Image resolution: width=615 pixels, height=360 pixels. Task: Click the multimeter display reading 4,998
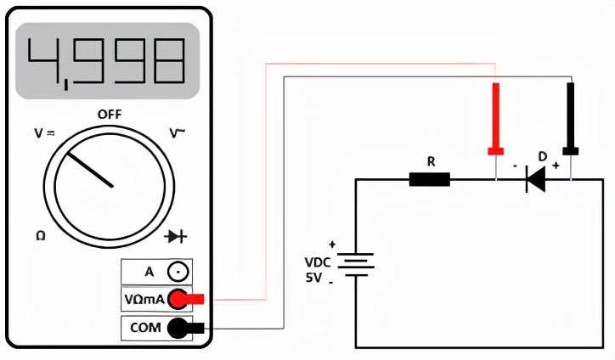[x=107, y=61]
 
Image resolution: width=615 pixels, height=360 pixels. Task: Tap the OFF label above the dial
[x=110, y=114]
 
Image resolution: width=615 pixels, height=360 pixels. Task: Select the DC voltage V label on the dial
[x=43, y=133]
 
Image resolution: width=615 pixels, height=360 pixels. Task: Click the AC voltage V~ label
[x=178, y=133]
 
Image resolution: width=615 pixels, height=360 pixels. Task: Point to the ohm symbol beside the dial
[x=40, y=235]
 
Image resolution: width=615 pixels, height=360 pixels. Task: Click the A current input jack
[x=178, y=273]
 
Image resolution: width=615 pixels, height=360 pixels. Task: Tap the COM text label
[x=145, y=328]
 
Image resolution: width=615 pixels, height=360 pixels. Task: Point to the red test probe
[x=495, y=119]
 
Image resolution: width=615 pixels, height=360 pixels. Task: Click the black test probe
[x=571, y=119]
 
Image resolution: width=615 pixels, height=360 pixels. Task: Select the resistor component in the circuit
[x=430, y=179]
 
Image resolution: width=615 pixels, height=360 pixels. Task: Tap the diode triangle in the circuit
[x=536, y=179]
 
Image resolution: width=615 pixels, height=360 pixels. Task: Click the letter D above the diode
[x=542, y=156]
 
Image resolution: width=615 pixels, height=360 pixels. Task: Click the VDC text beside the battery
[x=318, y=262]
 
